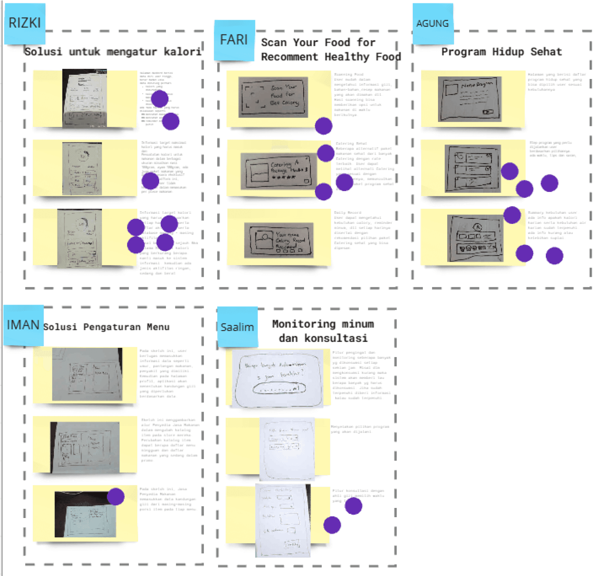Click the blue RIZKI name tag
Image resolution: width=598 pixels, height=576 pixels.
pos(24,24)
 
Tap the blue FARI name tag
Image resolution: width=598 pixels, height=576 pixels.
pos(234,40)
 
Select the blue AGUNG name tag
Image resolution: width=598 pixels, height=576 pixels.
pos(433,24)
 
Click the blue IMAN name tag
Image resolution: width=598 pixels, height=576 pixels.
pos(23,325)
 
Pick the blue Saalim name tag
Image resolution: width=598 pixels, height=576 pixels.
pos(237,327)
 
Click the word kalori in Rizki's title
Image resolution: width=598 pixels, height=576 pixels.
pos(182,52)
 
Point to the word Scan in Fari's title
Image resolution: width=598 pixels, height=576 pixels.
pos(274,42)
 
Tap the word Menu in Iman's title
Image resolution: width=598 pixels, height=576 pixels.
pos(158,327)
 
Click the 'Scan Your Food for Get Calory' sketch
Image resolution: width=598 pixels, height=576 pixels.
pos(273,97)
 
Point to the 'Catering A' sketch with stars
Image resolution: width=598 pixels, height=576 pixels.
pos(279,171)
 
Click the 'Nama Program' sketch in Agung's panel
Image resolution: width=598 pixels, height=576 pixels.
pos(469,99)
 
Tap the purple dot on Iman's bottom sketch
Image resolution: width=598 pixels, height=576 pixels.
pos(115,497)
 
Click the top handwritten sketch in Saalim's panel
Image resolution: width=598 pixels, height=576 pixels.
pos(278,379)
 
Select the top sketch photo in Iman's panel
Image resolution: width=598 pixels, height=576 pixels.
pos(87,374)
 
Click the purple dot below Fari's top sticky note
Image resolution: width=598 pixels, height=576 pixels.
pos(323,126)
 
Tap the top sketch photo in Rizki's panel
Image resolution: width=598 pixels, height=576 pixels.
pos(84,98)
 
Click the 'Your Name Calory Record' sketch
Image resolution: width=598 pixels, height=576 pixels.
pos(279,240)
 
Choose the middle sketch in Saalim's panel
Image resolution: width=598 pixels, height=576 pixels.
pos(287,449)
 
